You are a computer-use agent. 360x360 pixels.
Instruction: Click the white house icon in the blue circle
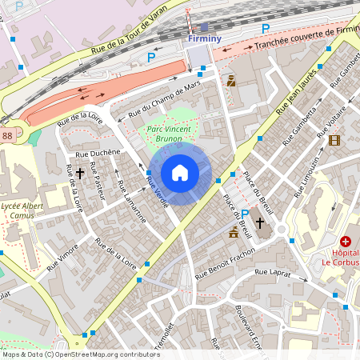pos(180,173)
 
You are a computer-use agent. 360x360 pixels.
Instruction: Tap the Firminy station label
pos(203,38)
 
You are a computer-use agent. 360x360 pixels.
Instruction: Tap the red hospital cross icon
pos(346,241)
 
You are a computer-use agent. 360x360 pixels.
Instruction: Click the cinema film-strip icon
pos(334,140)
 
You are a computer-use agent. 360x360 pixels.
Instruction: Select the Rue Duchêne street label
pos(97,151)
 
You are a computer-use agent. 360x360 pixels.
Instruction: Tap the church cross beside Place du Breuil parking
pos(260,222)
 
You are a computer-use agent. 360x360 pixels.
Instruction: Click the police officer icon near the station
pos(231,80)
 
